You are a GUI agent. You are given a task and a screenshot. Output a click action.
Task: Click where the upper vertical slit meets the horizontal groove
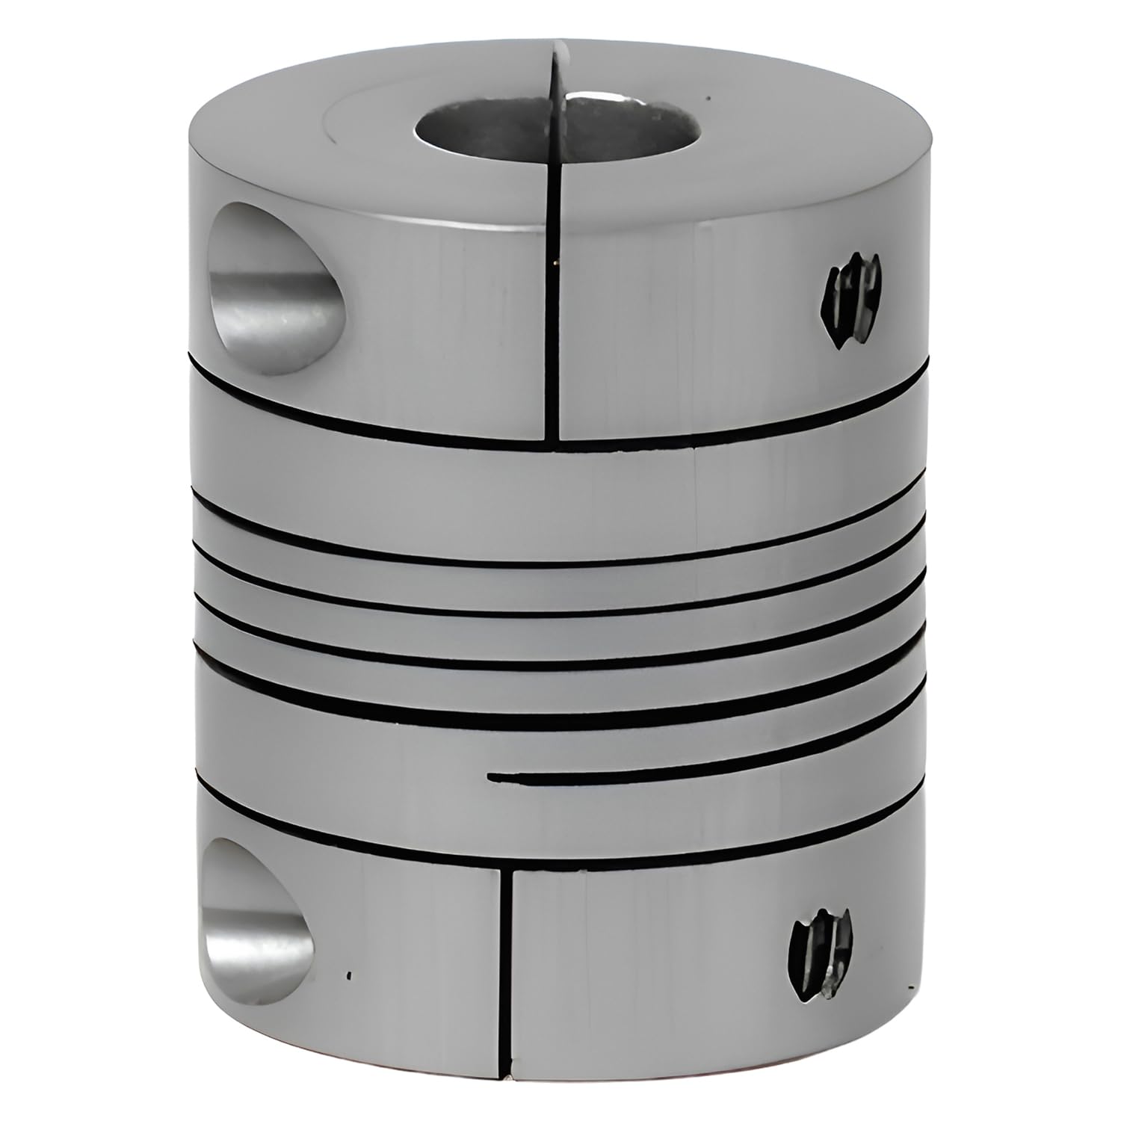point(556,441)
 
